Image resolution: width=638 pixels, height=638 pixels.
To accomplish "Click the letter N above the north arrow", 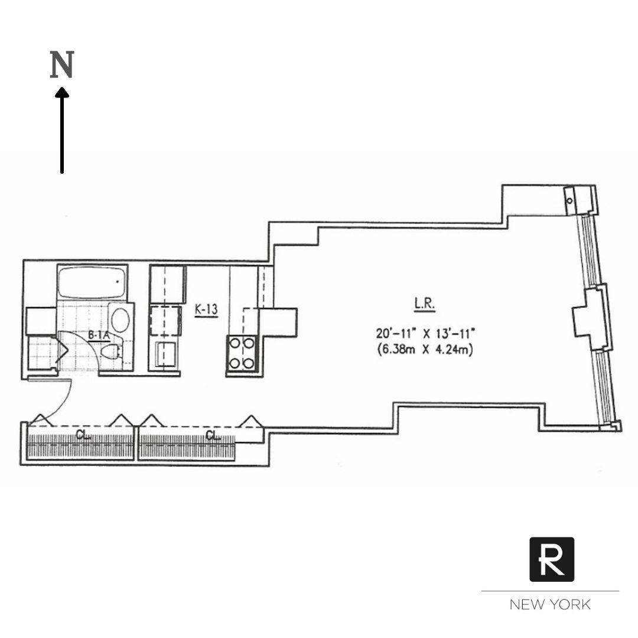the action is click(61, 65).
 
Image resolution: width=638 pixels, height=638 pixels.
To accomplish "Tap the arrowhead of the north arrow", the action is click(61, 92).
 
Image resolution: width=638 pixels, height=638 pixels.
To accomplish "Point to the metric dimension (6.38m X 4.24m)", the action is click(425, 350).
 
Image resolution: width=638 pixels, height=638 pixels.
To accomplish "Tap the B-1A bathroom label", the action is click(99, 335).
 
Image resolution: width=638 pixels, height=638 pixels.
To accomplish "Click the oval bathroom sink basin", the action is click(121, 319).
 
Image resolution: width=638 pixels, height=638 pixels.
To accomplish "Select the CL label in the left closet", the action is click(83, 436).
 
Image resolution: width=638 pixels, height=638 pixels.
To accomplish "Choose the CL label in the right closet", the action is click(213, 436).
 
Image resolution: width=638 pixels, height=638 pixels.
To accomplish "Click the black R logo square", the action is click(551, 559).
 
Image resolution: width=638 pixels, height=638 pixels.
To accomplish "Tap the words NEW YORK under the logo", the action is click(550, 604).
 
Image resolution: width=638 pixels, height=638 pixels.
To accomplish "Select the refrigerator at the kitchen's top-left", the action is click(167, 284).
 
